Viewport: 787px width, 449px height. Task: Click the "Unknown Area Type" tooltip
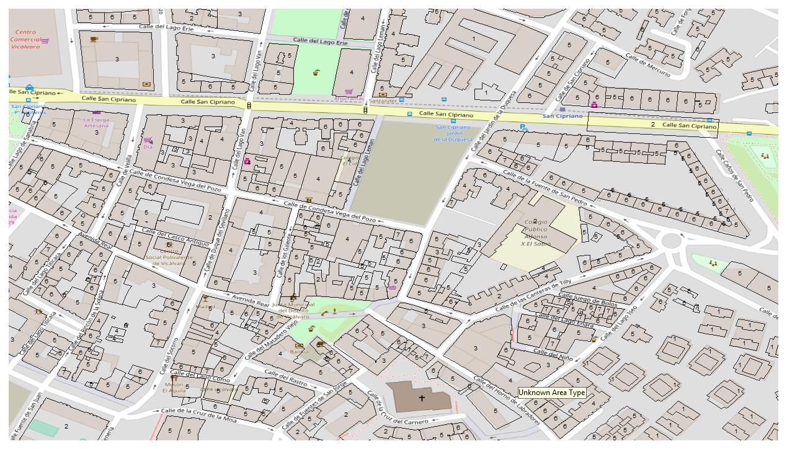(551, 393)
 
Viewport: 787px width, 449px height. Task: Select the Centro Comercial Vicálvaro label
(25, 39)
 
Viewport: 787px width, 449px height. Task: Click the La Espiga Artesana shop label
(96, 122)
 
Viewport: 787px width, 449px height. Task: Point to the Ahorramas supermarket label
(348, 99)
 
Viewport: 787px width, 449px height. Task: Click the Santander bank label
(382, 100)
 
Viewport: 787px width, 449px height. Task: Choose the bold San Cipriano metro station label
(562, 116)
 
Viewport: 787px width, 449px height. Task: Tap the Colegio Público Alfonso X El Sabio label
(536, 233)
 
